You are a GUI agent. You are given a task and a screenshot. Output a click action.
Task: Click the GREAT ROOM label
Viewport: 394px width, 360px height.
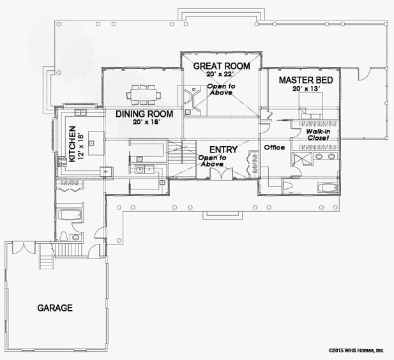pos(222,66)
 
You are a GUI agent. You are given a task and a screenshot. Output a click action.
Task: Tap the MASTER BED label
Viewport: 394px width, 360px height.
pos(306,80)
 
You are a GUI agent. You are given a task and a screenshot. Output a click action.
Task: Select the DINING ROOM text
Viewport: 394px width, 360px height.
pos(144,114)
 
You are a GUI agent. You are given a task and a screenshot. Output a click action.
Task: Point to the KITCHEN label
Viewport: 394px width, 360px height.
pos(72,144)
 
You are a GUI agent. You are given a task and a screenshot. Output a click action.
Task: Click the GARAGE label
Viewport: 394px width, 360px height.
pos(55,308)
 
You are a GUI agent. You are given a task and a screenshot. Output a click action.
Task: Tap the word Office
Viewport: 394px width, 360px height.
pos(275,147)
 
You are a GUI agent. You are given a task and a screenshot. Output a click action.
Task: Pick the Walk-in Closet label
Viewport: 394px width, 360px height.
pos(318,135)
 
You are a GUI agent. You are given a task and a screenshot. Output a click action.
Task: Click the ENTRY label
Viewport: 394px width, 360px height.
pos(223,150)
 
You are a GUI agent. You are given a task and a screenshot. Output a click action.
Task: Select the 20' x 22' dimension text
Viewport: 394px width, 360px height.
pos(220,74)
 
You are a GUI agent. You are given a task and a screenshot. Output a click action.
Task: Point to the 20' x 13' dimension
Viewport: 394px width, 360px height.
pos(306,89)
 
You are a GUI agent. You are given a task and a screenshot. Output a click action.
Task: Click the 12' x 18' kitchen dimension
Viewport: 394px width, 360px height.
pos(81,144)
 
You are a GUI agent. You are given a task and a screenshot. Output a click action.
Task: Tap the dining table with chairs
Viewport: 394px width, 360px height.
pos(144,95)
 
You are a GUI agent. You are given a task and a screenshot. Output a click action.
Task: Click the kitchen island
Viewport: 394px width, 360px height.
pos(96,143)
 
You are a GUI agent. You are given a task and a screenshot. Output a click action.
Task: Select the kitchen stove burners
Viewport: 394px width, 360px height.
pos(62,161)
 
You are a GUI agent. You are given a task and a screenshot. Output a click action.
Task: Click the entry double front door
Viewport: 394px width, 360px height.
pos(221,174)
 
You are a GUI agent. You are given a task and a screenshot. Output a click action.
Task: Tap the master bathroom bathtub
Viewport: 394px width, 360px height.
pos(327,188)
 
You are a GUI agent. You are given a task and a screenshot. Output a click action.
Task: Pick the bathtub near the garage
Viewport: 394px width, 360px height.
pos(69,215)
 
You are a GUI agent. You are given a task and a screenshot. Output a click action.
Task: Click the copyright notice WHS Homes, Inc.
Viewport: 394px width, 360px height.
pos(356,350)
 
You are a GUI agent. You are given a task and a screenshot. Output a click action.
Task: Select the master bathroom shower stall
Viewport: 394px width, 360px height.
pos(302,159)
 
